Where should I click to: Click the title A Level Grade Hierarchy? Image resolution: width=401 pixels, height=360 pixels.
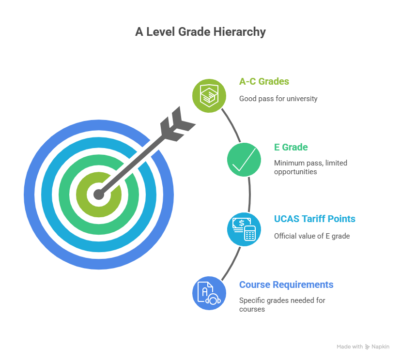pos(200,32)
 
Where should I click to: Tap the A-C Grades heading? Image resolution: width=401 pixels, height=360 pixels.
pos(264,81)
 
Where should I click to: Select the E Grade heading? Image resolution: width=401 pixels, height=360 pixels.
pos(291,147)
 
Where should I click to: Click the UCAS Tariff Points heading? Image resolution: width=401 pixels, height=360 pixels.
pos(314,219)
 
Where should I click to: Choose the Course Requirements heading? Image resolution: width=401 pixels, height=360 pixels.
pos(286,284)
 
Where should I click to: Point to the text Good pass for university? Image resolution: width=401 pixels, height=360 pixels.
pos(278,98)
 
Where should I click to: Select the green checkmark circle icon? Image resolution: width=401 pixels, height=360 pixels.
pos(244,160)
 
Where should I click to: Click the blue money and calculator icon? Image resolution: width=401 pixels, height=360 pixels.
pos(244,228)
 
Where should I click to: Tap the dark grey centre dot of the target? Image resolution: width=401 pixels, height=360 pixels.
pos(99,195)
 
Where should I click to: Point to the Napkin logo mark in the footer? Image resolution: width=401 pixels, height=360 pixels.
pos(367,346)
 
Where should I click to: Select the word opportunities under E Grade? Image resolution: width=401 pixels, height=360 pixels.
pos(295,171)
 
